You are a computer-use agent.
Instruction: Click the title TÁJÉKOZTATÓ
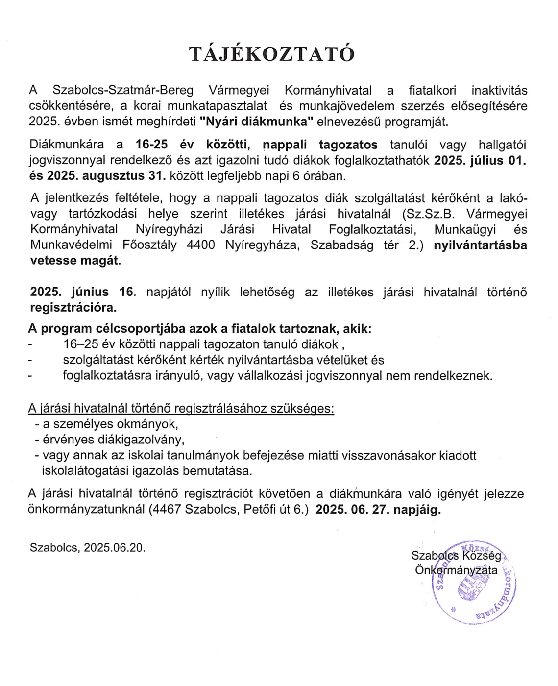(271, 54)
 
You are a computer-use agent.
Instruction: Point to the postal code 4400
(201, 245)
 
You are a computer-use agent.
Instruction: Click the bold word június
(90, 292)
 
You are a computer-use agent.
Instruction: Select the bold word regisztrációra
(73, 308)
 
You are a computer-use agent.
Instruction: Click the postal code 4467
(167, 509)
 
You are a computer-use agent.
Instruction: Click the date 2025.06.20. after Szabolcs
(115, 547)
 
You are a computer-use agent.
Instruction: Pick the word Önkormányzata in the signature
(456, 570)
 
